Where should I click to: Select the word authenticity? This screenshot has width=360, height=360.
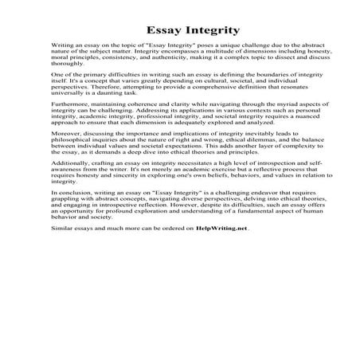pyautogui.click(x=201, y=61)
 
